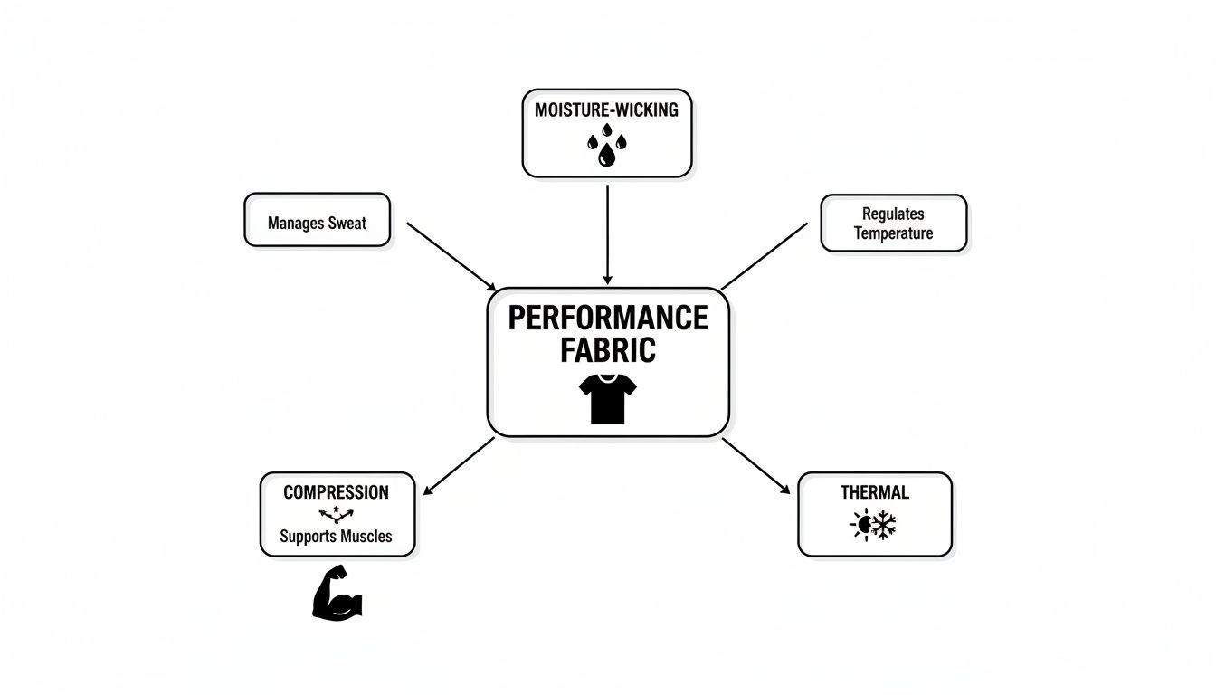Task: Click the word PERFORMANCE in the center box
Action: click(607, 318)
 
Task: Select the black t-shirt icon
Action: click(607, 399)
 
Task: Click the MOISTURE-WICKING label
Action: click(606, 110)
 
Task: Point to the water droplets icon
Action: click(606, 148)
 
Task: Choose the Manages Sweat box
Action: click(317, 220)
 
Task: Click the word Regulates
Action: click(893, 214)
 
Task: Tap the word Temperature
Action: click(893, 233)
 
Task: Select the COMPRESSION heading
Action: click(336, 492)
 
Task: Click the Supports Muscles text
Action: click(336, 536)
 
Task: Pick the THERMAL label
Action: click(874, 492)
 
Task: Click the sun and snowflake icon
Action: click(873, 525)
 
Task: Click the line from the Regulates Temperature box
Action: click(765, 255)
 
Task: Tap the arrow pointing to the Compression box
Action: click(459, 466)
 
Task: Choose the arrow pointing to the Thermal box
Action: click(755, 466)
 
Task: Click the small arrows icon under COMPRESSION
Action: click(336, 514)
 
